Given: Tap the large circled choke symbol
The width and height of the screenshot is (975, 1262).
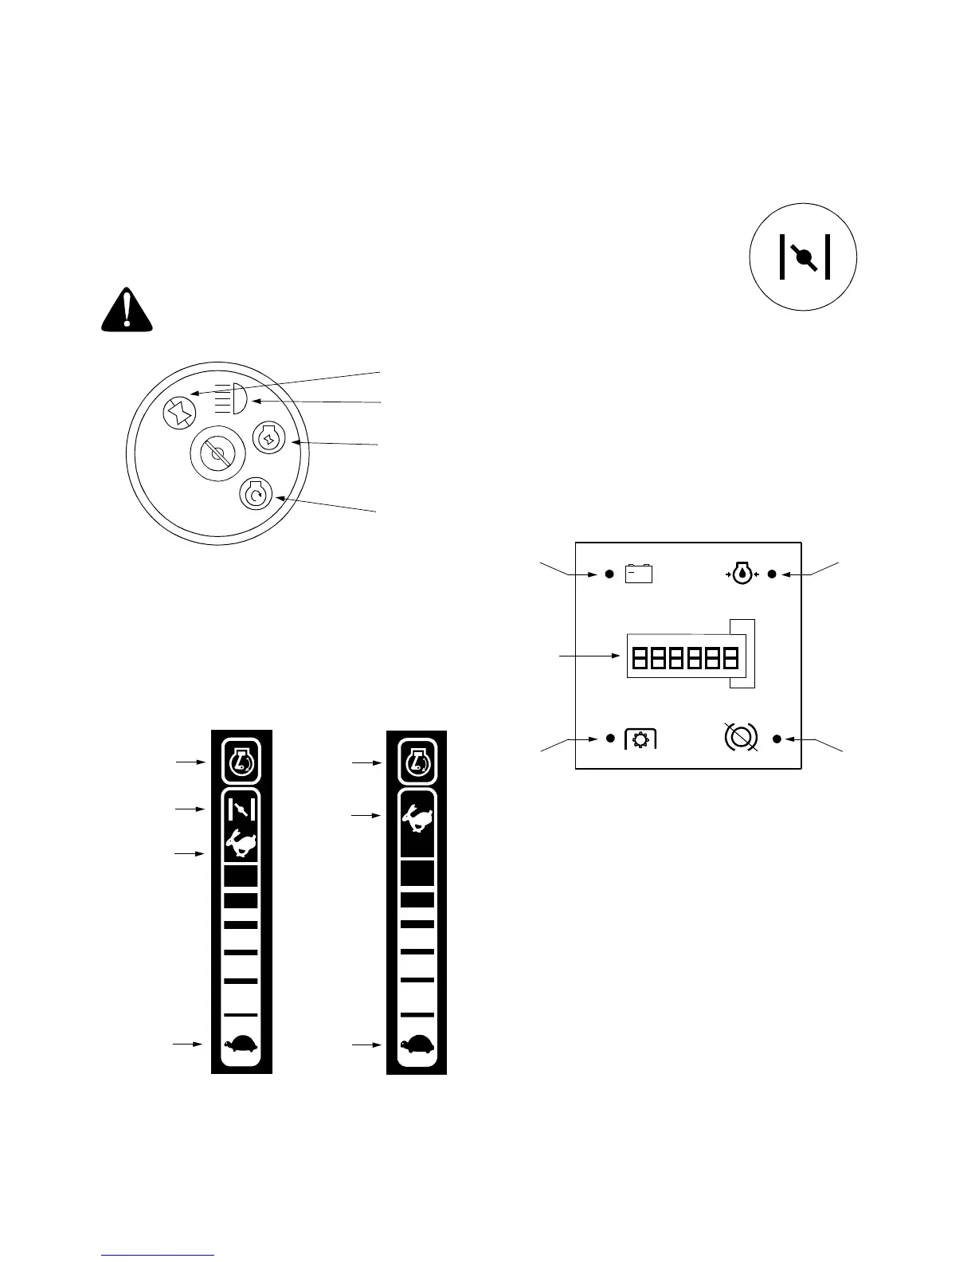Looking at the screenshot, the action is click(x=804, y=256).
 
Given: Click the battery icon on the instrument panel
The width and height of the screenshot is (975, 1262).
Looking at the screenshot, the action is click(x=639, y=574).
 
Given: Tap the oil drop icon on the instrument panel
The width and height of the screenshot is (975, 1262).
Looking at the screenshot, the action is click(x=742, y=574).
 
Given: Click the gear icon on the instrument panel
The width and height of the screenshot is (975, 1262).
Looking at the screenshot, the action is click(x=640, y=739).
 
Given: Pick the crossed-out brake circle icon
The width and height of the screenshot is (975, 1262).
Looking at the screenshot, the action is click(x=741, y=737).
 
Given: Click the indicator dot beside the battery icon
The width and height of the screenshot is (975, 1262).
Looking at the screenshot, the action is click(x=610, y=574).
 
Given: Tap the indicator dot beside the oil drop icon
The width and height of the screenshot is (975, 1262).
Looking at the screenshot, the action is click(x=772, y=574).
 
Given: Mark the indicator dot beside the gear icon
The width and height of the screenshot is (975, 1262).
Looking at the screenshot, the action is click(x=610, y=739).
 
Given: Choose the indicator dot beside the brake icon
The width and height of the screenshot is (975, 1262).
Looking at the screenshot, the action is click(x=777, y=739).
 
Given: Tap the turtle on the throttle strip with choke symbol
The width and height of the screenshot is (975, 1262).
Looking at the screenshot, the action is click(x=241, y=1044).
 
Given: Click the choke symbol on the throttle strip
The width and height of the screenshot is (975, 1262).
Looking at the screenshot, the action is click(x=241, y=810).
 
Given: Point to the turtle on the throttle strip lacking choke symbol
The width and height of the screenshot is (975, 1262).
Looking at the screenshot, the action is click(x=417, y=1044).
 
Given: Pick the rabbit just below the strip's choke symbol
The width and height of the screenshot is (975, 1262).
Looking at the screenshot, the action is click(x=241, y=843).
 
